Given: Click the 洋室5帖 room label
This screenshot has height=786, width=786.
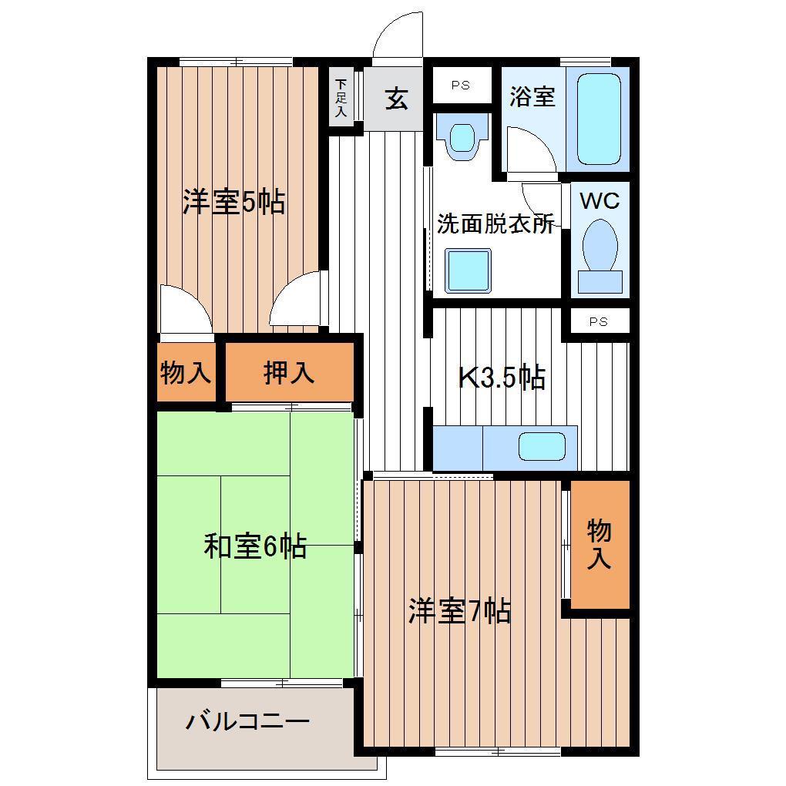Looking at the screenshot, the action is pos(233,202).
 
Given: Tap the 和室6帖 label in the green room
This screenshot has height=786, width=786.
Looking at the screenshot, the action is pos(255,546).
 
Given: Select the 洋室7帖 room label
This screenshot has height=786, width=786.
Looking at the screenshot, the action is pos(460,611).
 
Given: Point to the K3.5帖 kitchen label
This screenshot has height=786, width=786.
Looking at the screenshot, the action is pos(502,377).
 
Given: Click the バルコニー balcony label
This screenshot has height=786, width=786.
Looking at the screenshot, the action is pos(247,722).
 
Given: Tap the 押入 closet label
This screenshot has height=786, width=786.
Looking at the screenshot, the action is pos(289,372).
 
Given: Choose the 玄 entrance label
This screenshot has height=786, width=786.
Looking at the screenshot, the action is pos(397,99).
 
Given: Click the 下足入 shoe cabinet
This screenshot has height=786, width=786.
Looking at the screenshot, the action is pos(341,97).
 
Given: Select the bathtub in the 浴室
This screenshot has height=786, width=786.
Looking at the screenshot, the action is pos(599,119).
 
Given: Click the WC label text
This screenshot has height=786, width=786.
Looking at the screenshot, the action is pos(600,200).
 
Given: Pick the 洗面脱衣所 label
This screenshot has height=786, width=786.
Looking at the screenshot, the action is pos(495,223).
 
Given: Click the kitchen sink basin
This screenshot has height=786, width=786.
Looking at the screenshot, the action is pos(542,446).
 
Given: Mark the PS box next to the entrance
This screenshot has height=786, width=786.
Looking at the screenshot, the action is pos(461,86).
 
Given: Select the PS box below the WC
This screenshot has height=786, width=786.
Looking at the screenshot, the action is pos(599,321).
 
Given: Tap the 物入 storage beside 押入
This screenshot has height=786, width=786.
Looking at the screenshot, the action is pos(186,372).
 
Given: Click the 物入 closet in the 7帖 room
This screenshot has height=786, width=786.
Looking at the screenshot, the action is pos(600,544).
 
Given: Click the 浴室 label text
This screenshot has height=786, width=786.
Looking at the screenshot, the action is pos(532,96).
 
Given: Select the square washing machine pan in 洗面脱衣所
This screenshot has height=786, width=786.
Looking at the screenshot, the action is pos(469,270).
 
